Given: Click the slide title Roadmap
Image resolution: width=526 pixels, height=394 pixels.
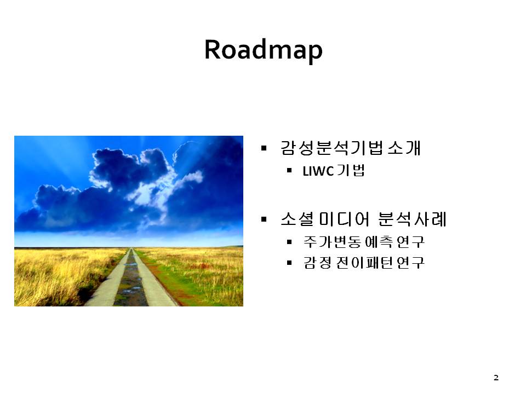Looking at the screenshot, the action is (264, 50).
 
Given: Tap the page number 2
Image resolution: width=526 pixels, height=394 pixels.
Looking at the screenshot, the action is (496, 378).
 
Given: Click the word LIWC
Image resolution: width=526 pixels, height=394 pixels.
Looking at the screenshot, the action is (318, 171).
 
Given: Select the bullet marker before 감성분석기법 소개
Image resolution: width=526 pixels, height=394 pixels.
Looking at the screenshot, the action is (264, 148).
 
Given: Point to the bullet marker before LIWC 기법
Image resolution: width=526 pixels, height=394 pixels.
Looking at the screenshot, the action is (289, 171).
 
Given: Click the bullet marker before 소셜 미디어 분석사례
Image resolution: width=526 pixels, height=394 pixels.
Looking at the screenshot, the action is (264, 219).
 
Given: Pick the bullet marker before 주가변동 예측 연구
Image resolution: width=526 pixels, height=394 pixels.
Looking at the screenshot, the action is (289, 241).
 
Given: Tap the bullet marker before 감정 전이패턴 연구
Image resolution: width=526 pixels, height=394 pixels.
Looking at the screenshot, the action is (289, 263).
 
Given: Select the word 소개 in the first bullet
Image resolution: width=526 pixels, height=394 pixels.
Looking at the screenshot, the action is (404, 148).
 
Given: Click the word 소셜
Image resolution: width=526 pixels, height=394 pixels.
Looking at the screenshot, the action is (297, 219).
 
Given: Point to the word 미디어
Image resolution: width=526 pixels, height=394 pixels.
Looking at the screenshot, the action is (344, 219).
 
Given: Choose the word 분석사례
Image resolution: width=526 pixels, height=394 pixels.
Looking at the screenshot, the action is (412, 219).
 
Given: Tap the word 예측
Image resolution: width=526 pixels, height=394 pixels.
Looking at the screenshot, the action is (378, 241).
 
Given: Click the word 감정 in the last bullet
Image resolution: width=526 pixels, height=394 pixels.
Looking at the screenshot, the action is (317, 263).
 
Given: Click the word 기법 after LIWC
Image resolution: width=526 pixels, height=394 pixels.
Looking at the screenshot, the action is (351, 171).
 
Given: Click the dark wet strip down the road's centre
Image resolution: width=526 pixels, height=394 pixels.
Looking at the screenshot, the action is (131, 281).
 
